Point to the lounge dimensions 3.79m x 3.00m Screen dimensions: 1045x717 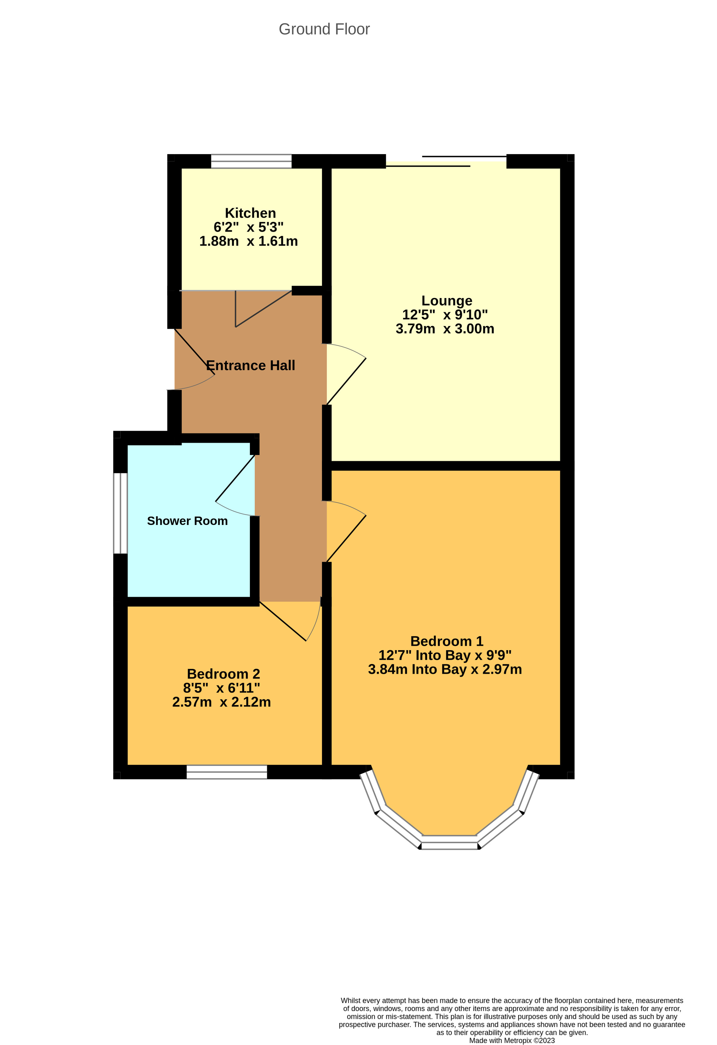tap(444, 329)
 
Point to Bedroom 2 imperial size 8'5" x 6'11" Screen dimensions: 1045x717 tap(221, 688)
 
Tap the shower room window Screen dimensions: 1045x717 tap(120, 513)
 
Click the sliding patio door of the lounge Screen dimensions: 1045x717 tap(446, 161)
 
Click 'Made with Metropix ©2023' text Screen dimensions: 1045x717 tap(512, 1040)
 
